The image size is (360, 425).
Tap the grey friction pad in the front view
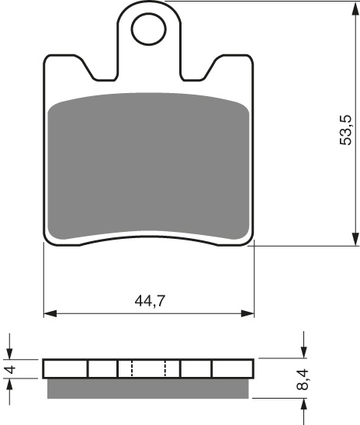(149, 167)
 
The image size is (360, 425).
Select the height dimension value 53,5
(346, 129)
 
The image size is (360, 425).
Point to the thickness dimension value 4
(10, 368)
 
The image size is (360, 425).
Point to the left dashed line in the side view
(132, 368)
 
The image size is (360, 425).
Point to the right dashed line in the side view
(165, 368)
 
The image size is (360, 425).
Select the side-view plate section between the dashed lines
(149, 368)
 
